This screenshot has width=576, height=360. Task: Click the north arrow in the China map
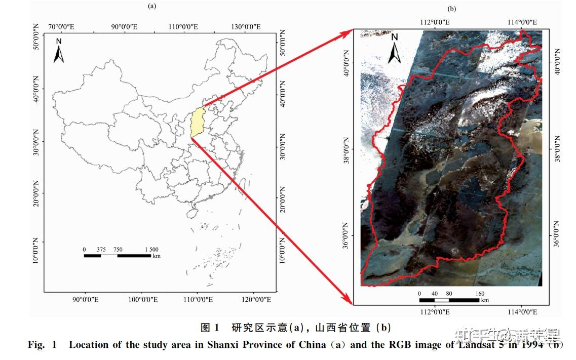(x=59, y=51)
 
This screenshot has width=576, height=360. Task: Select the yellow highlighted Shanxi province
(x=197, y=122)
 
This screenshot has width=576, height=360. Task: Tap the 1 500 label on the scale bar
(x=151, y=249)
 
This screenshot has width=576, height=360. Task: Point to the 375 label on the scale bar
(x=101, y=249)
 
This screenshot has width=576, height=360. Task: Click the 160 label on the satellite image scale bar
(x=479, y=294)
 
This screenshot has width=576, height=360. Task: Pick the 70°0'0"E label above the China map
(x=61, y=26)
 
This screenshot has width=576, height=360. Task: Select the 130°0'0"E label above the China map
(x=246, y=26)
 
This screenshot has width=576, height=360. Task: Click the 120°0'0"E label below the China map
(x=256, y=300)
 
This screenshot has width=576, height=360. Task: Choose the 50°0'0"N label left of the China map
(x=35, y=36)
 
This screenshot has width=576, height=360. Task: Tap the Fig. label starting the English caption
(x=36, y=345)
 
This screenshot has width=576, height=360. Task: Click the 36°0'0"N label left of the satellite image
(x=346, y=235)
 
